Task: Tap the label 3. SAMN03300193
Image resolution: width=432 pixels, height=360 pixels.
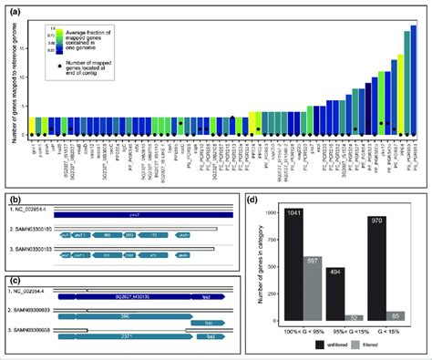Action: coord(36,245)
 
